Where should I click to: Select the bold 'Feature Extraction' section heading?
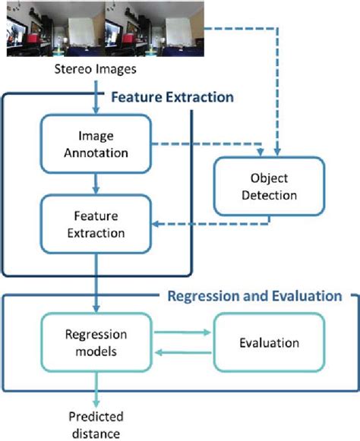click(172, 98)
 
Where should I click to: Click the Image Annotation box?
click(96, 143)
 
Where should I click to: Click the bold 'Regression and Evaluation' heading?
click(254, 295)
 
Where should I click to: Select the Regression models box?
click(96, 342)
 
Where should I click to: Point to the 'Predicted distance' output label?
click(96, 425)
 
